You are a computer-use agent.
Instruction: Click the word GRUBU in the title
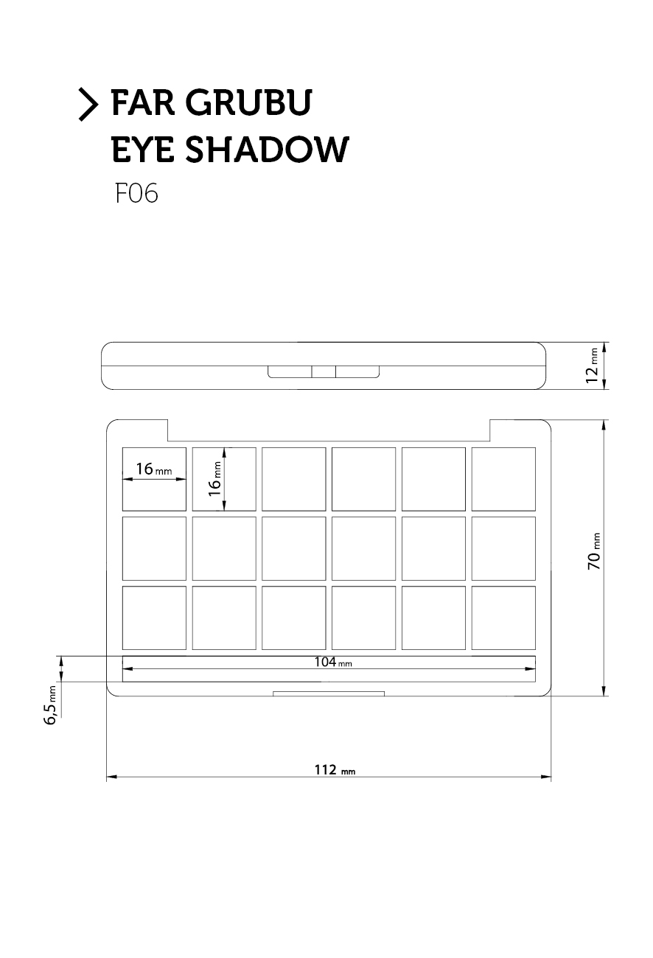(249, 102)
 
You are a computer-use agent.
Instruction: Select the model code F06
(137, 193)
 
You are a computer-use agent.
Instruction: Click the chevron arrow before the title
(88, 105)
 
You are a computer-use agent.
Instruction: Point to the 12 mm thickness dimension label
(592, 366)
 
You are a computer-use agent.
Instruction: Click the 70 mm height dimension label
(594, 551)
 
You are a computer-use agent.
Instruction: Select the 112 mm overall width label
(335, 770)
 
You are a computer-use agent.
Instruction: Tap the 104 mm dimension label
(333, 662)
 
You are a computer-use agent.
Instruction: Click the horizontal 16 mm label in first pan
(154, 469)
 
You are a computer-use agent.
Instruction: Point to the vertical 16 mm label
(214, 478)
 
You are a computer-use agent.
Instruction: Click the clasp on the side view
(324, 371)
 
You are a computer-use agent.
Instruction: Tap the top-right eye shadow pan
(504, 479)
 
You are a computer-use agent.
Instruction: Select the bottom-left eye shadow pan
(154, 618)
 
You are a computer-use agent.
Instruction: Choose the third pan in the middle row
(294, 549)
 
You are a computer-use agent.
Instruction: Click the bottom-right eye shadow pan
(504, 618)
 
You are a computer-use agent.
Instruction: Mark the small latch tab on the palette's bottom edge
(329, 693)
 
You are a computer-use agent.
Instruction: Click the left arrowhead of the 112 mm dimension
(111, 777)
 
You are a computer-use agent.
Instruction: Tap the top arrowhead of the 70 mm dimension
(604, 425)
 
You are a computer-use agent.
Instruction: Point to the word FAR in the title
(143, 102)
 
